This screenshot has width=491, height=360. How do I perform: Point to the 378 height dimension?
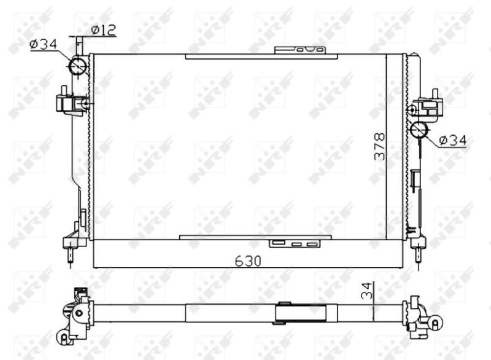pyautogui.click(x=380, y=146)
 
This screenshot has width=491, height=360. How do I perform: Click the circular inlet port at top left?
pyautogui.click(x=79, y=66)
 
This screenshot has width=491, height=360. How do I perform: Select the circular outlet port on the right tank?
pyautogui.click(x=419, y=130)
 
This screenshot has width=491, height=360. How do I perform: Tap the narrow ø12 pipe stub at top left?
pyautogui.click(x=79, y=45)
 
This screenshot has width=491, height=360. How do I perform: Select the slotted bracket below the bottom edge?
pyautogui.click(x=296, y=244)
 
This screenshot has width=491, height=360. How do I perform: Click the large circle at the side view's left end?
pyautogui.click(x=78, y=313)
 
